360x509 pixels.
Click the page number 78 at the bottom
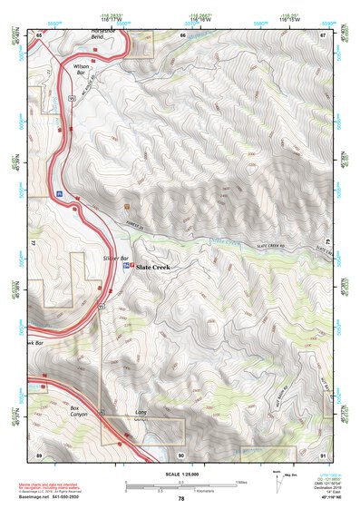181,498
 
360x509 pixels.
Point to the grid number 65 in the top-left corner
40,34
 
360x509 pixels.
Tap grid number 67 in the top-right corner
323,34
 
